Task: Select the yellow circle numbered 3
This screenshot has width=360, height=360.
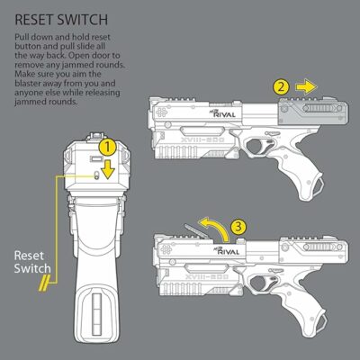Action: pyautogui.click(x=238, y=229)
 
